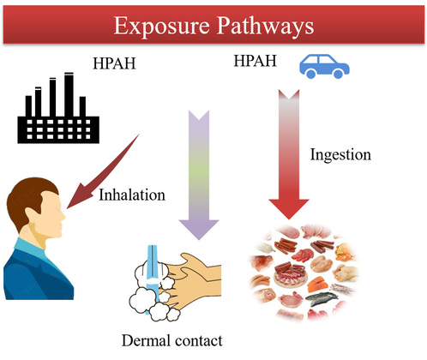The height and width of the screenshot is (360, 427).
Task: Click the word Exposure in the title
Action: click(x=162, y=26)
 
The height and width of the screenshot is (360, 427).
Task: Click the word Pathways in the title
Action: click(x=265, y=26)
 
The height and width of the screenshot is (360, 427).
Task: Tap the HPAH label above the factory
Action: click(x=114, y=63)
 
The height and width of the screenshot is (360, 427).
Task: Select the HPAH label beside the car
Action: click(x=256, y=61)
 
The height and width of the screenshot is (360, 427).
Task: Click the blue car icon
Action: click(x=324, y=67)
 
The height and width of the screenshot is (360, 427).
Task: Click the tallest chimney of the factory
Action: click(x=69, y=94)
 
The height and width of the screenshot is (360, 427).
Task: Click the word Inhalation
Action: click(x=132, y=195)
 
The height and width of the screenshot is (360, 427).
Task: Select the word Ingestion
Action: click(x=340, y=155)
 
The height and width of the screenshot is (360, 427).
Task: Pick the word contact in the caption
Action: click(x=199, y=341)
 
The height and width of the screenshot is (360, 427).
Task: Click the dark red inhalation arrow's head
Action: click(x=79, y=197)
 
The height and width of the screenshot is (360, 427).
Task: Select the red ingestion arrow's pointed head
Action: click(x=289, y=208)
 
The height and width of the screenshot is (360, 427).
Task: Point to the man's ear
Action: click(x=31, y=215)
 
